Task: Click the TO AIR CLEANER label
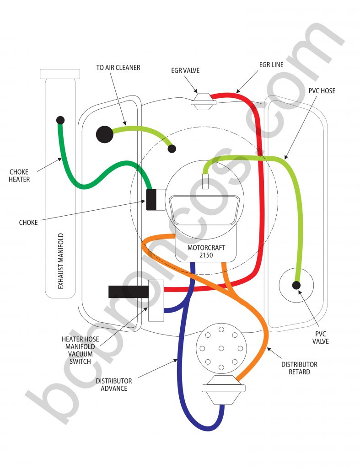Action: click(x=118, y=68)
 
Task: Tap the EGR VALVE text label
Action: click(x=185, y=71)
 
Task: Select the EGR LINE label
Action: click(x=271, y=65)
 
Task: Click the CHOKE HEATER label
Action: click(x=19, y=176)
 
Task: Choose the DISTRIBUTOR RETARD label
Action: click(x=300, y=368)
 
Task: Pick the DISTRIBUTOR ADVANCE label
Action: click(x=114, y=384)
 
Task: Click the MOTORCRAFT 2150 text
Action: click(x=206, y=252)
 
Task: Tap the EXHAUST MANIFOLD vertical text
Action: click(x=60, y=261)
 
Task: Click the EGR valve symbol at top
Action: click(x=203, y=101)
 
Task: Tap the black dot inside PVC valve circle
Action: click(x=296, y=285)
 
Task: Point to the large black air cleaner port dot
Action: click(x=104, y=134)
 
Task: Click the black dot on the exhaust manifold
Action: click(x=60, y=120)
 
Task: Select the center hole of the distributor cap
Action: click(x=221, y=349)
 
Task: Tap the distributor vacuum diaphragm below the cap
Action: click(x=224, y=390)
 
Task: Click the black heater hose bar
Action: click(x=128, y=291)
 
